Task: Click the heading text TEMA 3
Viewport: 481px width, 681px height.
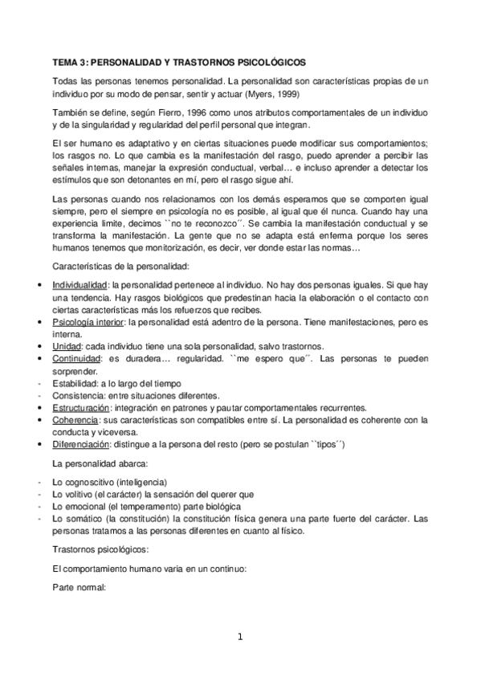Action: (x=70, y=61)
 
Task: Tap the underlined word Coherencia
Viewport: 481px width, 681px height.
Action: (x=75, y=420)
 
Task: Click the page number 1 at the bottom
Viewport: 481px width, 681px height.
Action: (x=239, y=638)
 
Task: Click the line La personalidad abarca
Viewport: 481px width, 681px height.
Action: (x=97, y=463)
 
